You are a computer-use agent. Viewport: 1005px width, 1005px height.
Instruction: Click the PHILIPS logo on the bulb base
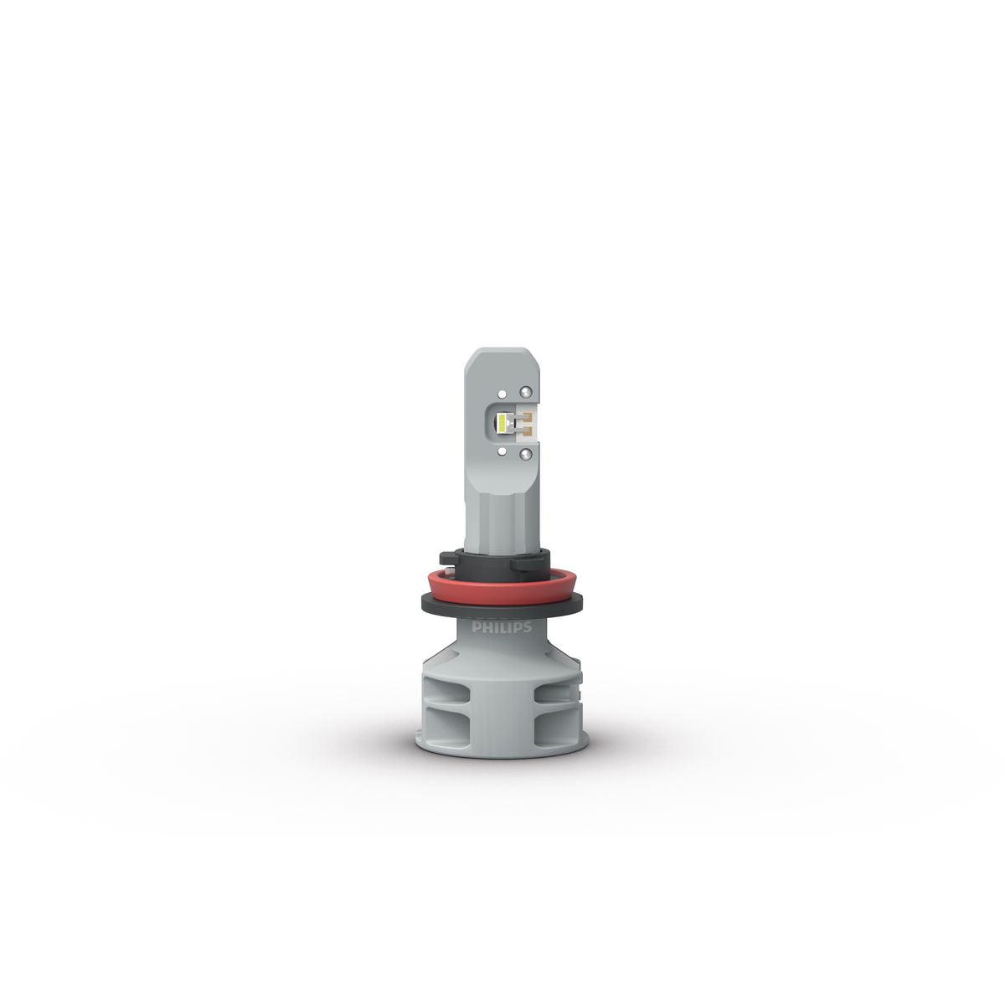coord(502,627)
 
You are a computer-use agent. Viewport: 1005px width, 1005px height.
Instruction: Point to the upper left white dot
coord(502,392)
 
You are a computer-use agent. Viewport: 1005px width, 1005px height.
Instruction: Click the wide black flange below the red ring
coord(502,605)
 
